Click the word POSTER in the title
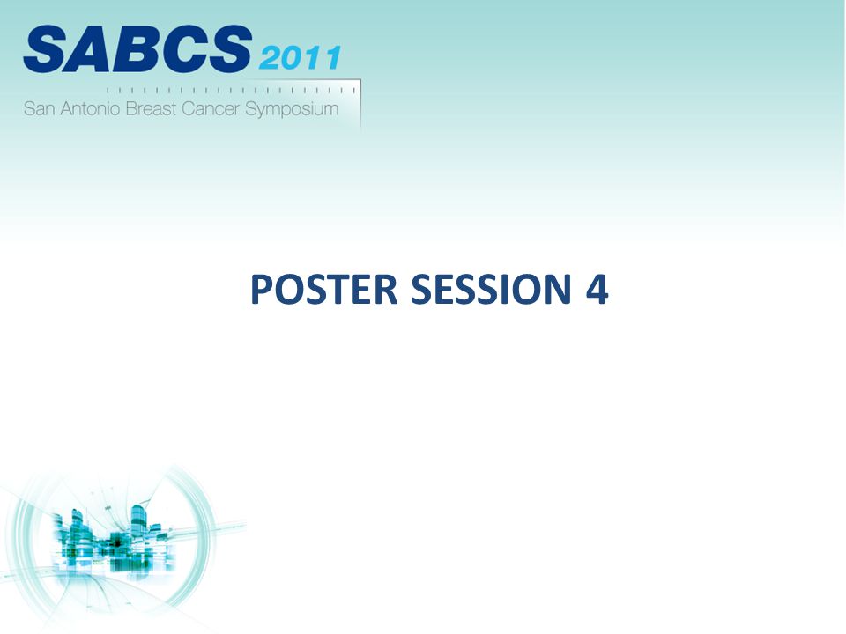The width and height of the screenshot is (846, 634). [323, 290]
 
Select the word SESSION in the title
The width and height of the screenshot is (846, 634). [491, 290]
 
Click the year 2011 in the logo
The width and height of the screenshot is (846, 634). [300, 58]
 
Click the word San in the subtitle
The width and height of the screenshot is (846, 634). [39, 109]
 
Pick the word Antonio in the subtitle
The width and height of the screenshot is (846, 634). [90, 109]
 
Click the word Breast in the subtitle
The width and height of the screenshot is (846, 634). [151, 109]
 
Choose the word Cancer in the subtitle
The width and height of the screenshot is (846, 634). [211, 109]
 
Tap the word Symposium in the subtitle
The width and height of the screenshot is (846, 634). [292, 110]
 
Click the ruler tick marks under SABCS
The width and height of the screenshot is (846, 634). [231, 90]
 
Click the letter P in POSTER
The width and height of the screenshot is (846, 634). [263, 290]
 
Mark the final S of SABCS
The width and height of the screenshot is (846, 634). [229, 49]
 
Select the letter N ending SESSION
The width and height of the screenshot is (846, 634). [559, 290]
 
